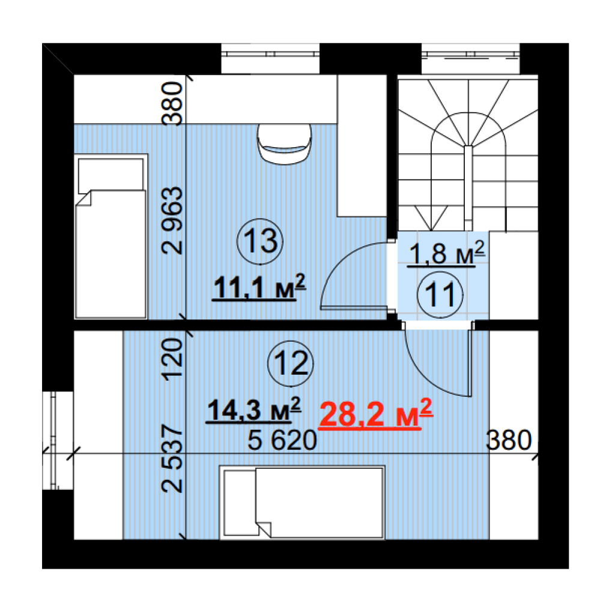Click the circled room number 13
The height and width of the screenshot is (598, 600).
pyautogui.click(x=260, y=241)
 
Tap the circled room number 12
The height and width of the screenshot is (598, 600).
pyautogui.click(x=291, y=363)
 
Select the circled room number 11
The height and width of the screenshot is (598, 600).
pyautogui.click(x=440, y=295)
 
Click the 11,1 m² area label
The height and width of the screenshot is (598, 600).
pyautogui.click(x=259, y=287)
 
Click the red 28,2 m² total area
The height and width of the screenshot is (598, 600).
pyautogui.click(x=376, y=414)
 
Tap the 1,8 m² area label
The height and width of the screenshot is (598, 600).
pyautogui.click(x=446, y=253)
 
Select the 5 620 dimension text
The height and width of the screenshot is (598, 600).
pyautogui.click(x=282, y=440)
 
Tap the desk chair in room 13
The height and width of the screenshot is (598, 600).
pyautogui.click(x=284, y=144)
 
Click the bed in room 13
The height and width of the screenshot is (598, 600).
pyautogui.click(x=111, y=236)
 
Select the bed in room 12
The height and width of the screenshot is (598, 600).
pyautogui.click(x=302, y=503)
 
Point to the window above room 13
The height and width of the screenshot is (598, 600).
pyautogui.click(x=270, y=58)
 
